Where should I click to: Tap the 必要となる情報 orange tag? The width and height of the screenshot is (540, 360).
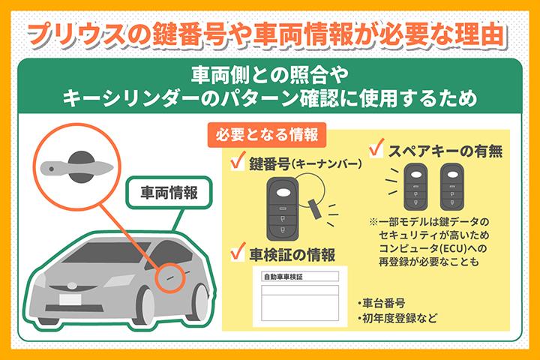(x=266, y=135)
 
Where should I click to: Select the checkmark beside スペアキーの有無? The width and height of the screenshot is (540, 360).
(x=378, y=147)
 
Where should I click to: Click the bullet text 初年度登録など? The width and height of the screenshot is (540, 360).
(x=397, y=319)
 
